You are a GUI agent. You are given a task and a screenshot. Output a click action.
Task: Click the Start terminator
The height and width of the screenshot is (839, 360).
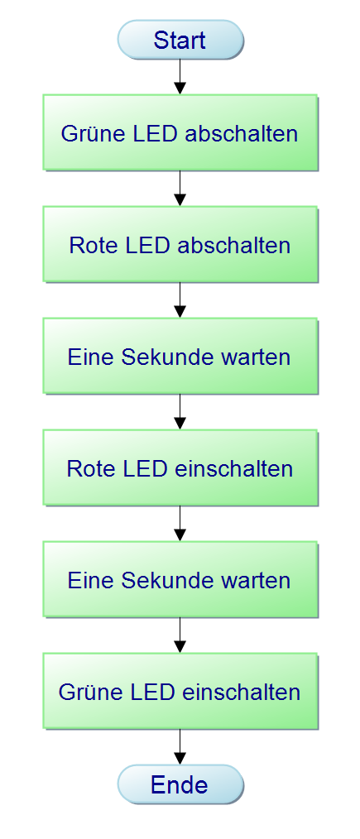point(180,40)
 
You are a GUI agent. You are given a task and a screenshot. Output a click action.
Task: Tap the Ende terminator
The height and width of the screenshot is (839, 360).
point(180,784)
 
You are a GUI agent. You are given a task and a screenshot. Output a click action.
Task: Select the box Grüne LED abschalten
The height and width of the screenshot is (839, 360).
point(180,133)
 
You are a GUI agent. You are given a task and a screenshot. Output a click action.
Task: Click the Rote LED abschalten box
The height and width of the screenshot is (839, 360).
point(180,245)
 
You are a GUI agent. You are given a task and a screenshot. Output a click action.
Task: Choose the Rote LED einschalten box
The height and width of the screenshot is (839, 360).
point(180,468)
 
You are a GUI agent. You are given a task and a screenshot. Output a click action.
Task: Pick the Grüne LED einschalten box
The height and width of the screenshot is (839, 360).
point(180,692)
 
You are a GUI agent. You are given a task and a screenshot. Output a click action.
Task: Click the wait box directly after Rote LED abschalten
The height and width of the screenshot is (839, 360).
point(180,357)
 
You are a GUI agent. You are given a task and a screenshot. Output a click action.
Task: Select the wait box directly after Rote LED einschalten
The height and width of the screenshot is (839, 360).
point(180,580)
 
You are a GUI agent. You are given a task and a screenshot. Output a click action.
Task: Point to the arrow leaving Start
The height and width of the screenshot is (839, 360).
point(180,77)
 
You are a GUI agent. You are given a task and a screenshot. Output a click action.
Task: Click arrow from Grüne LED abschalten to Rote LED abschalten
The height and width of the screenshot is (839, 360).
point(180,189)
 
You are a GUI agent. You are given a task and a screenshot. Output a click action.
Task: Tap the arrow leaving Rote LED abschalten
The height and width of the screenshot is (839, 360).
point(180,300)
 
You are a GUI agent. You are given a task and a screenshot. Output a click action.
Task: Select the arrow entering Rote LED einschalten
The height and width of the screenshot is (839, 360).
point(180,412)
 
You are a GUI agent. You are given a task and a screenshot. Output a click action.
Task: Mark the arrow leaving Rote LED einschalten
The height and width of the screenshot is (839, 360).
point(180,524)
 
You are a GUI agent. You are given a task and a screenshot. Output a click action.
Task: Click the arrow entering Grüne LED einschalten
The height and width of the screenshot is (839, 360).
point(180,635)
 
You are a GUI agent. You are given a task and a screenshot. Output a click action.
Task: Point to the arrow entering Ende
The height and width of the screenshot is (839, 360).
point(180,747)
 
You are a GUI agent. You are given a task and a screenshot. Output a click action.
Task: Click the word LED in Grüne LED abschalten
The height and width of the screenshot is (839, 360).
point(156,133)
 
